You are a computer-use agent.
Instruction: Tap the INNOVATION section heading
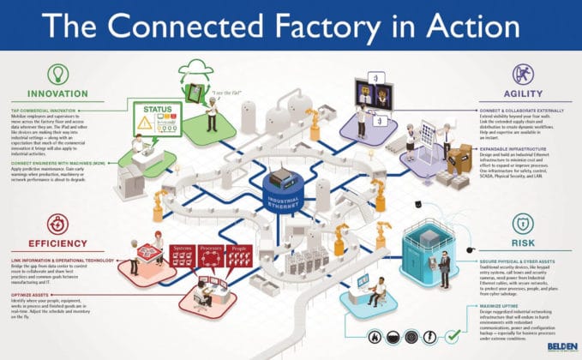pyautogui.click(x=57, y=93)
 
